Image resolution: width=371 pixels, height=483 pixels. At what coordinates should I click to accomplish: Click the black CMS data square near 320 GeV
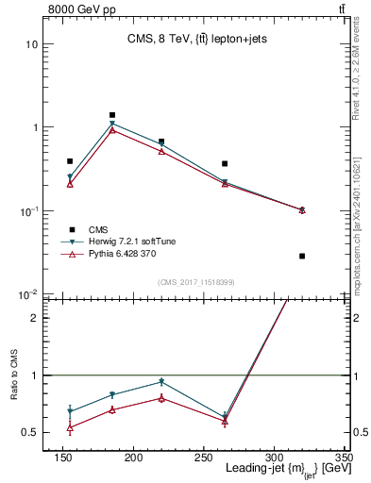(x=302, y=256)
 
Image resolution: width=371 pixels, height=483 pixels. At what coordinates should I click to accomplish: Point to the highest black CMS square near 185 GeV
(x=112, y=115)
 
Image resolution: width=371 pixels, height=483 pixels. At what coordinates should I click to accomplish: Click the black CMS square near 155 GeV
(x=70, y=161)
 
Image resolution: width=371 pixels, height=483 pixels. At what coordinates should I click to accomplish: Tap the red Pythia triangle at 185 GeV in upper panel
(x=112, y=130)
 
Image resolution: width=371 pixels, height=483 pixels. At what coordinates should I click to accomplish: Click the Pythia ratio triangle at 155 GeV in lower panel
(x=70, y=427)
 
